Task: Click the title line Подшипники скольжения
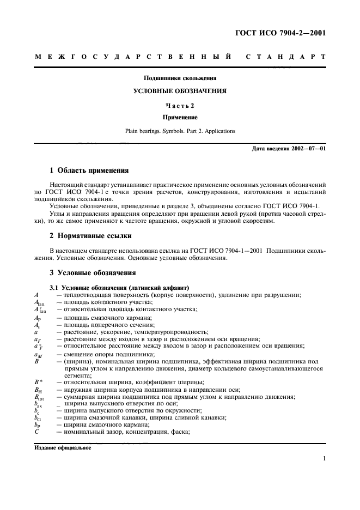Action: coord(179,78)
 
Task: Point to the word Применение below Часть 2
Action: coord(179,117)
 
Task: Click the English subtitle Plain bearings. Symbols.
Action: coord(179,131)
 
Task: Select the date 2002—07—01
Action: coord(308,148)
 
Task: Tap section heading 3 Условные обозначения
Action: coord(92,272)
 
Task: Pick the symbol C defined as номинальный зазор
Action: coord(36,432)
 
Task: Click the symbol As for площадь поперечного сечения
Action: coord(36,325)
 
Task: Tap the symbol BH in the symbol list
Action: coord(38,390)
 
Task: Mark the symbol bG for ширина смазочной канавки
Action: coord(37,418)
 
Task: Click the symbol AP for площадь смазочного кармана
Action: coord(37,318)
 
